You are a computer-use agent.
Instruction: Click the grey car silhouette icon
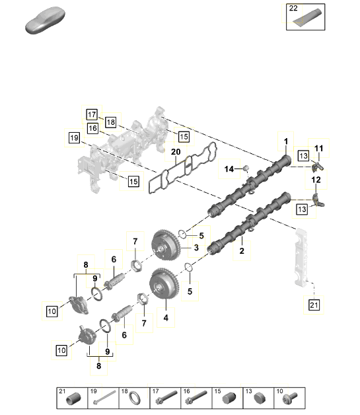click(45, 20)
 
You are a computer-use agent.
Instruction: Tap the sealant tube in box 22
click(307, 17)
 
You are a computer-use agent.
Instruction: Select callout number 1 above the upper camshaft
click(285, 141)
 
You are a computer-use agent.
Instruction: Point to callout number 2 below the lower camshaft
click(242, 251)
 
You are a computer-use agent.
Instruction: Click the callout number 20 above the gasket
click(176, 152)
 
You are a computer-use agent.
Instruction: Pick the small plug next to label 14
click(246, 168)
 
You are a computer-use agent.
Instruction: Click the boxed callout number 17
click(92, 114)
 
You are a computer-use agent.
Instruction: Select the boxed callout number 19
click(74, 137)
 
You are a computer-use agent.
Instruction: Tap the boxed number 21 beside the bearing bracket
click(314, 305)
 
